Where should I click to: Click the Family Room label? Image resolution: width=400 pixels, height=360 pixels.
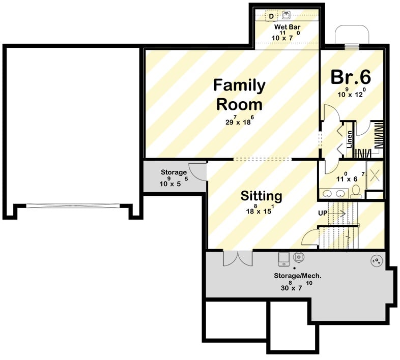click(239, 95)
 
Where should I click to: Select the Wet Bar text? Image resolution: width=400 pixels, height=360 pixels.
click(287, 26)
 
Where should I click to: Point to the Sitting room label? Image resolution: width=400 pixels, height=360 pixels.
click(261, 195)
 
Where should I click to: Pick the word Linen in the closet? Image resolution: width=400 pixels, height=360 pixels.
click(350, 139)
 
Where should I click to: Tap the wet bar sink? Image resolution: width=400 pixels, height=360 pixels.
click(287, 15)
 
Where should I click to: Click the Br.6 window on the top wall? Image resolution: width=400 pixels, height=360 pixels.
click(352, 47)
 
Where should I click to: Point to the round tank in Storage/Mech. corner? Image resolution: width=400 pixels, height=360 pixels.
click(376, 261)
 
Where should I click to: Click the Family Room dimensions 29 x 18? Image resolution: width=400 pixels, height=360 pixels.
click(239, 121)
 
